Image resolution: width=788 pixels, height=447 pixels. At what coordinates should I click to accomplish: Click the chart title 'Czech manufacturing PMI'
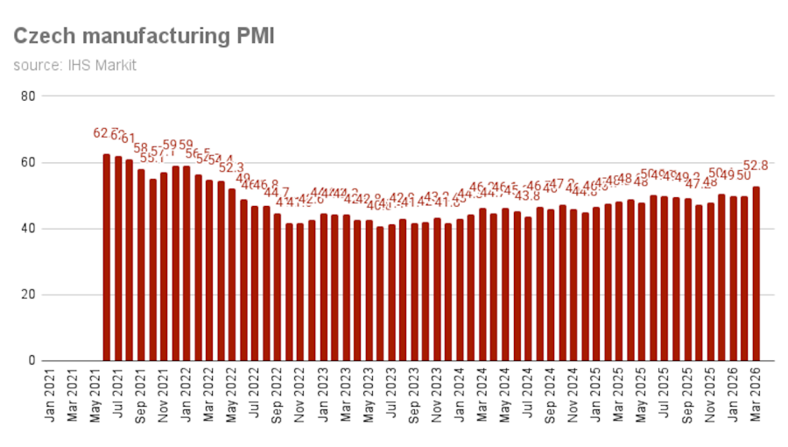[x=144, y=37]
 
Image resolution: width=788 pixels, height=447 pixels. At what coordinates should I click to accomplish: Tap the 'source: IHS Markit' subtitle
[x=74, y=65]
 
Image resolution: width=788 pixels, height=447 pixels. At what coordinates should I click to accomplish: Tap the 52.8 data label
[x=755, y=165]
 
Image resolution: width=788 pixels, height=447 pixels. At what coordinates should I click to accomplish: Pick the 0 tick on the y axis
[x=31, y=360]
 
